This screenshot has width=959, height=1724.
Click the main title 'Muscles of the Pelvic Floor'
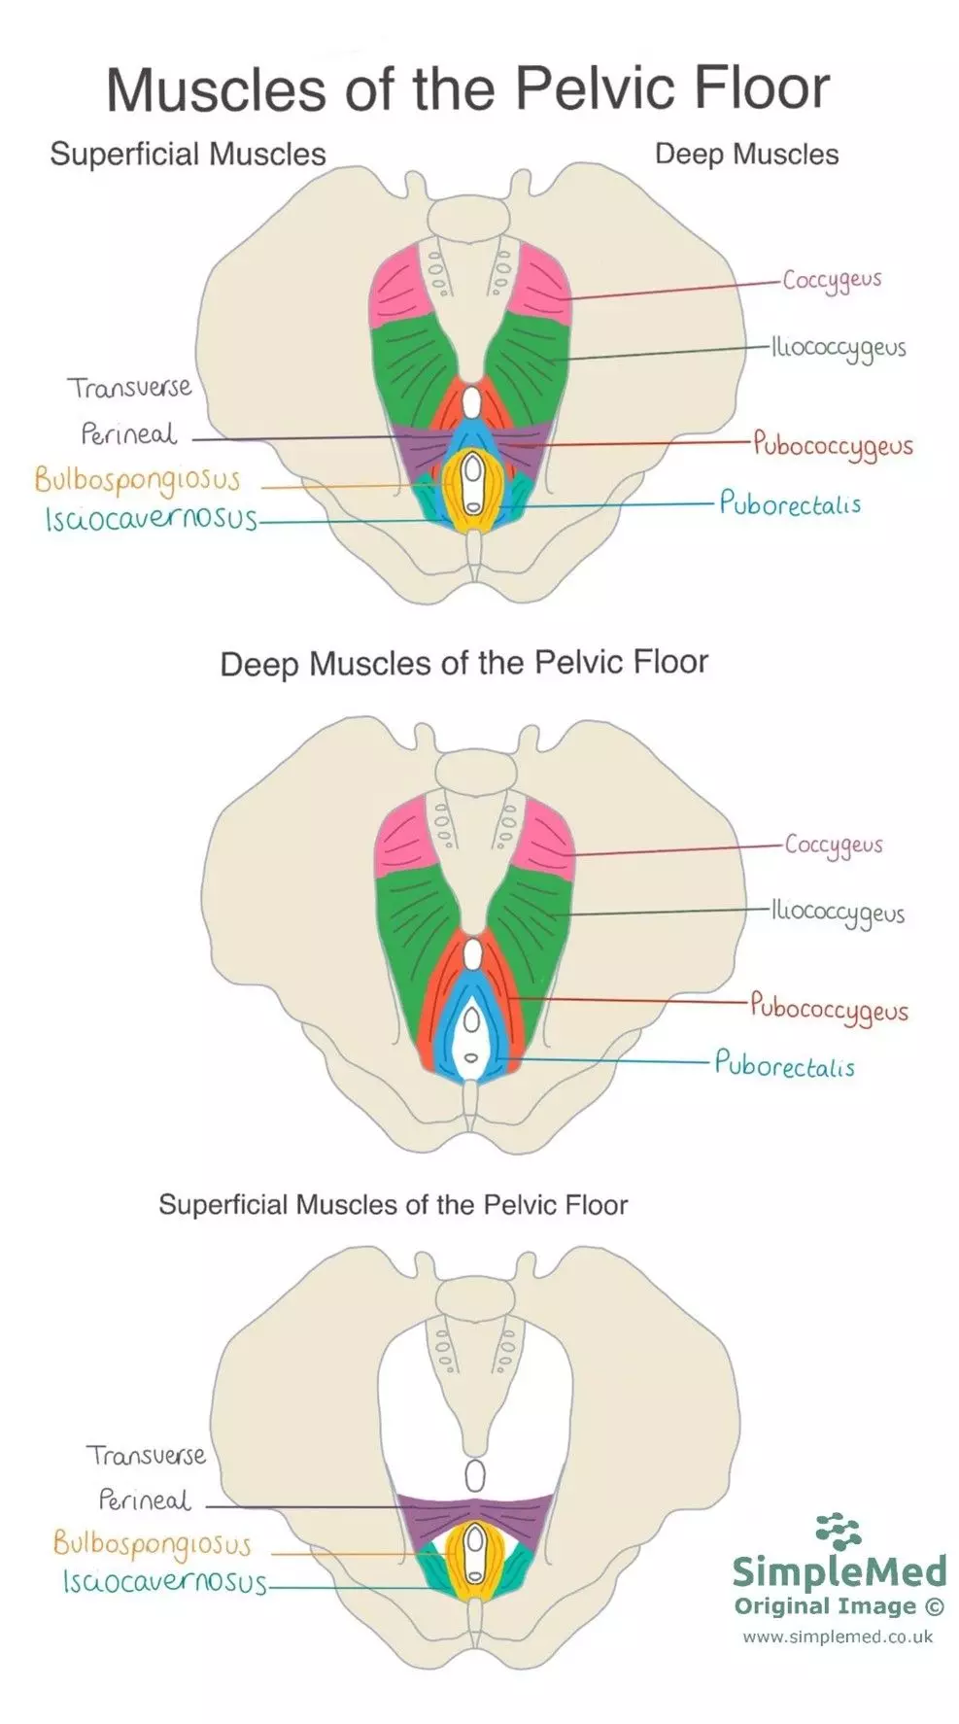point(467,88)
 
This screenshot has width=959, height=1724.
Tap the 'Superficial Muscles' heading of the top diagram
point(188,154)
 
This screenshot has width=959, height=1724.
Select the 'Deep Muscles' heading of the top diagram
point(746,154)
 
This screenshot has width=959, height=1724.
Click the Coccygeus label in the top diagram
point(832,280)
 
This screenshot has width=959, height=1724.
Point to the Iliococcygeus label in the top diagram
point(839,349)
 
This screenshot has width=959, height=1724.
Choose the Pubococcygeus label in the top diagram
point(833,446)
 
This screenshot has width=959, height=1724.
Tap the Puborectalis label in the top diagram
point(790,503)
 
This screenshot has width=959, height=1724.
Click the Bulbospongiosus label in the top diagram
point(137,480)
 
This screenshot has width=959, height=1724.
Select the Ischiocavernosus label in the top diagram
point(151,519)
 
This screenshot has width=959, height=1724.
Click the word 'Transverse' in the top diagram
point(129,388)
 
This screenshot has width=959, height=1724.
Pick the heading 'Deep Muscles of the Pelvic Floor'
point(463,664)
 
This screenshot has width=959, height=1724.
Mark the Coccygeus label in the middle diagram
point(834,845)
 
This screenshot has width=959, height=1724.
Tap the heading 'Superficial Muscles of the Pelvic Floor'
point(393,1205)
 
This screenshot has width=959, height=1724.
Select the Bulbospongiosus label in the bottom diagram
point(152,1544)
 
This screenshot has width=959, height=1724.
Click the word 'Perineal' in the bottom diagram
point(145,1500)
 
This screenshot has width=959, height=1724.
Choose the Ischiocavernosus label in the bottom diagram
point(164,1583)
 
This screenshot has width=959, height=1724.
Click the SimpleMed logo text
point(839,1570)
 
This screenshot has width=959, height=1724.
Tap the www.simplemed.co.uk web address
point(838,1637)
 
